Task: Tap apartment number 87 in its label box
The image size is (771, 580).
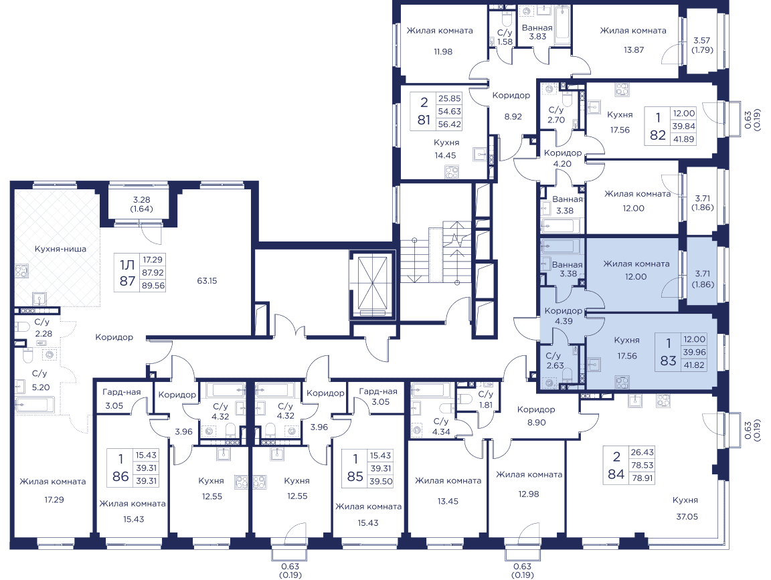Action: [x=127, y=281]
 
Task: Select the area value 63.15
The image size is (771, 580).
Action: [x=207, y=281]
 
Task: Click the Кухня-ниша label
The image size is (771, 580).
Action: [x=60, y=249]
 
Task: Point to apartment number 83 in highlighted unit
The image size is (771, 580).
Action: [x=668, y=361]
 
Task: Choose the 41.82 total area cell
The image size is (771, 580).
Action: [x=694, y=365]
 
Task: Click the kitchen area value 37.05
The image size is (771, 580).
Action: [x=687, y=516]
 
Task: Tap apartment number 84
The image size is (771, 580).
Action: [x=616, y=474]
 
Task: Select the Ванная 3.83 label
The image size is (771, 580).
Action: [x=537, y=32]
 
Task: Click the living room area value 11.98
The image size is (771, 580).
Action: [x=443, y=52]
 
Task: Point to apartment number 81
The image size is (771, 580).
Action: [x=424, y=120]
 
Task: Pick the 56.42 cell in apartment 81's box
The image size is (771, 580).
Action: [x=450, y=124]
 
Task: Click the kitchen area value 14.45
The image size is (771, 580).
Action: [x=445, y=155]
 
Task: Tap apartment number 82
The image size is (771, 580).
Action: [x=658, y=135]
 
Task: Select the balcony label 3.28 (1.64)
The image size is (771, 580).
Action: [x=142, y=204]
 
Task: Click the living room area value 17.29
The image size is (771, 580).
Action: [x=54, y=500]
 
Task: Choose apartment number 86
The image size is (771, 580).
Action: [x=120, y=476]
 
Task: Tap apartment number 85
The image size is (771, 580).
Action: [x=355, y=476]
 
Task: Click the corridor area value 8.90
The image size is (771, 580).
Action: [x=537, y=422]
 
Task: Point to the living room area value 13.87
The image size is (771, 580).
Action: [x=634, y=50]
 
